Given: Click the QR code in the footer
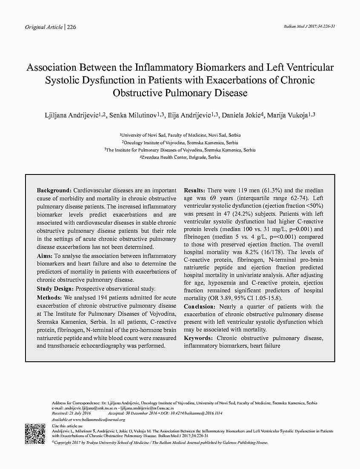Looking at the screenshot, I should click(x=35, y=434).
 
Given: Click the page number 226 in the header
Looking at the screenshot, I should click(x=71, y=27).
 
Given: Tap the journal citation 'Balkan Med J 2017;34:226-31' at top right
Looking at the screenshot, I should click(x=309, y=26).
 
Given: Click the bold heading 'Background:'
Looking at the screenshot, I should click(x=54, y=190).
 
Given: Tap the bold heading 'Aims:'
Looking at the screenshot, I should click(x=45, y=256).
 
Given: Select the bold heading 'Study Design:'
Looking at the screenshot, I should click(x=55, y=289).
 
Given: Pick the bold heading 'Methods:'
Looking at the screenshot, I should click(x=49, y=297).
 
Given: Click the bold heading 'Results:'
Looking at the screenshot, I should click(x=194, y=190).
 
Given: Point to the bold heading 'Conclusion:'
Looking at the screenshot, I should click(x=200, y=306).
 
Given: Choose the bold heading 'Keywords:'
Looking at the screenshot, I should click(x=198, y=338).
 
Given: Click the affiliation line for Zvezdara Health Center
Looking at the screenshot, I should click(x=181, y=157).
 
